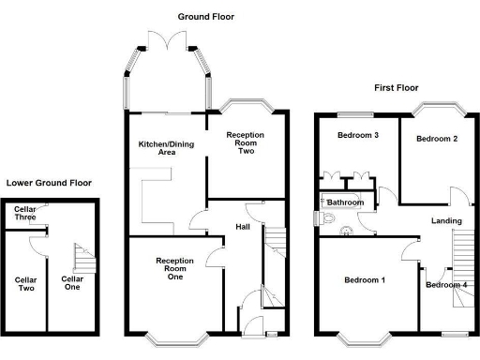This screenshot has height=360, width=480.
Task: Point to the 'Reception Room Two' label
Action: pos(246,142)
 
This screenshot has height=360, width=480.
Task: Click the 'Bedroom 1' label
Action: pos(364,280)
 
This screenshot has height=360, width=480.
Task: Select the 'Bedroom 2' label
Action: pos(437,140)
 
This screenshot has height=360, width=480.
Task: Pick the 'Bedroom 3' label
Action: pos(358,135)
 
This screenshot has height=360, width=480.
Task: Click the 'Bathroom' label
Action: pos(345,202)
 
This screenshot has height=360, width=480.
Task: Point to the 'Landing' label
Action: pos(446,221)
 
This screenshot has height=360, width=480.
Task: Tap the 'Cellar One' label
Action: pos(72,283)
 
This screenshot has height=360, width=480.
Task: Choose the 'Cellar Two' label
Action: pos(25,283)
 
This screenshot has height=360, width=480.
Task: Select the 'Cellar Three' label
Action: pos(25,214)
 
